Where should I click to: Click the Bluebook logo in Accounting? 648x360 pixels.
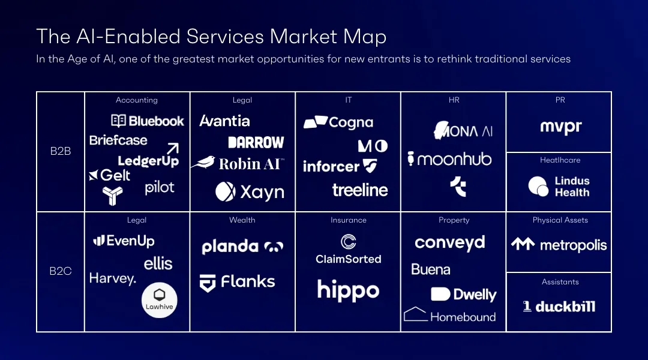click(148, 121)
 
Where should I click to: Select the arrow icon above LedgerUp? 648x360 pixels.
click(173, 148)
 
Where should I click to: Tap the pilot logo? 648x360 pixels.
click(160, 188)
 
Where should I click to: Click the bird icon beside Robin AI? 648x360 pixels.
click(203, 163)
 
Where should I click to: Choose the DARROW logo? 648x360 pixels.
click(256, 142)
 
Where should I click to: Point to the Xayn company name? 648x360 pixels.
click(262, 192)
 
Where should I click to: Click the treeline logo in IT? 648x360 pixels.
click(360, 190)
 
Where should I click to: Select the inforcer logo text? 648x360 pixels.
click(331, 166)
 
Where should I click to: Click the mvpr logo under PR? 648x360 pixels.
click(560, 127)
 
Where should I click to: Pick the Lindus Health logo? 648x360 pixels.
click(559, 187)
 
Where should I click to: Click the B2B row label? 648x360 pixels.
click(61, 151)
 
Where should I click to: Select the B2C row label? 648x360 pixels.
click(61, 271)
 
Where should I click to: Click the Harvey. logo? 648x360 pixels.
click(113, 278)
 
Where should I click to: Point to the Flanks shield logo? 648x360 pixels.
click(208, 283)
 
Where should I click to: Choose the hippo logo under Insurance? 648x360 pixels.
click(348, 290)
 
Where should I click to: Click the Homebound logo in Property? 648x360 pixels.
click(450, 316)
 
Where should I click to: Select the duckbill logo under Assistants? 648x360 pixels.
click(559, 307)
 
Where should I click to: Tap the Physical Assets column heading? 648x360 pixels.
click(560, 220)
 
